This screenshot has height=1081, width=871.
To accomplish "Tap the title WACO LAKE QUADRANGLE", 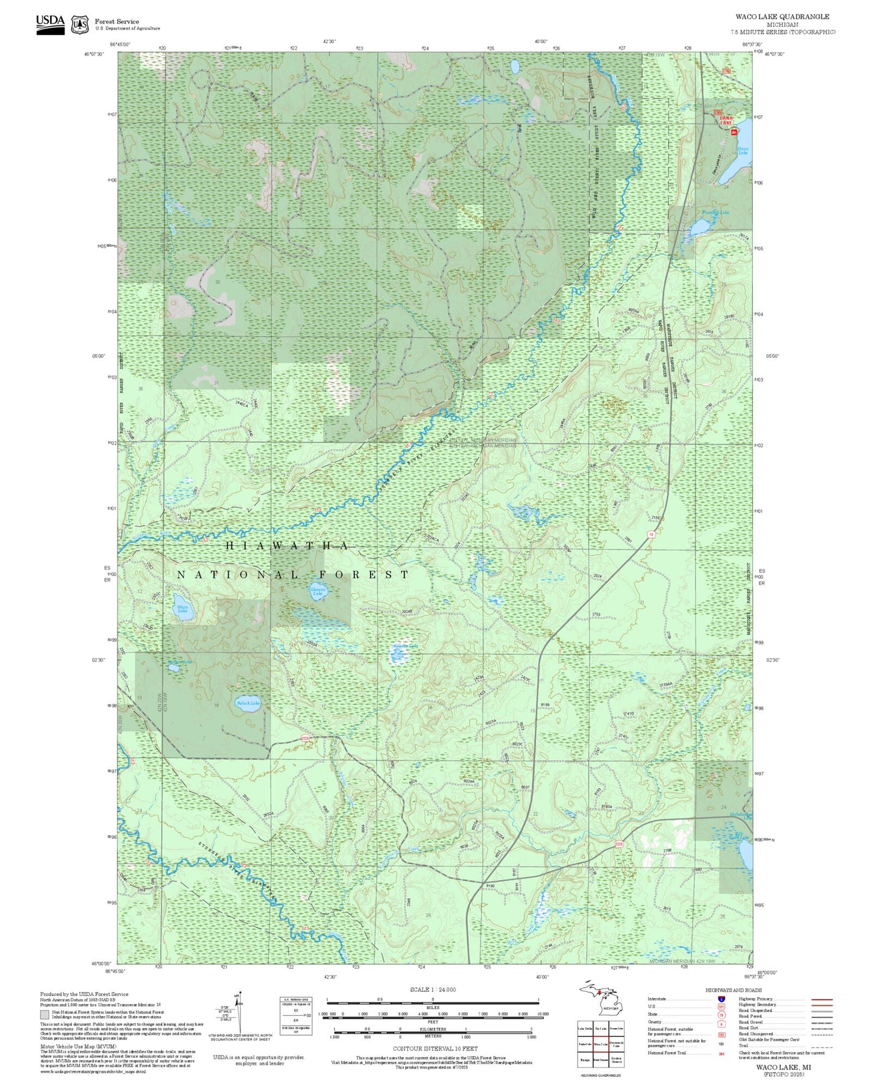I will pyautogui.click(x=782, y=17).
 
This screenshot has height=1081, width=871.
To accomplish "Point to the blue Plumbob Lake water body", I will pyautogui.click(x=700, y=227).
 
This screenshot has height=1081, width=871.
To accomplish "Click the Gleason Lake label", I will pyautogui.click(x=318, y=591).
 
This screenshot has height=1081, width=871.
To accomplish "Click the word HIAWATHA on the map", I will pyautogui.click(x=287, y=546).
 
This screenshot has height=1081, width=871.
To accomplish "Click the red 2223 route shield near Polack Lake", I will pyautogui.click(x=305, y=738).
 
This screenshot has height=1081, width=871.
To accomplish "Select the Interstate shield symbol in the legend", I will pyautogui.click(x=721, y=999).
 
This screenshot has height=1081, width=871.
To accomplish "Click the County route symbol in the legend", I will pyautogui.click(x=721, y=1024).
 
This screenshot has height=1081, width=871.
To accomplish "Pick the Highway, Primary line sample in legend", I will pyautogui.click(x=822, y=999).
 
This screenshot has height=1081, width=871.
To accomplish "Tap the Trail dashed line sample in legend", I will pyautogui.click(x=822, y=1047).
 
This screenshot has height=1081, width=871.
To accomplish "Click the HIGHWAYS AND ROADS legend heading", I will pyautogui.click(x=734, y=990).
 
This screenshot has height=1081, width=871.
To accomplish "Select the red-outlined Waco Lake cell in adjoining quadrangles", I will pyautogui.click(x=600, y=1044).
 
